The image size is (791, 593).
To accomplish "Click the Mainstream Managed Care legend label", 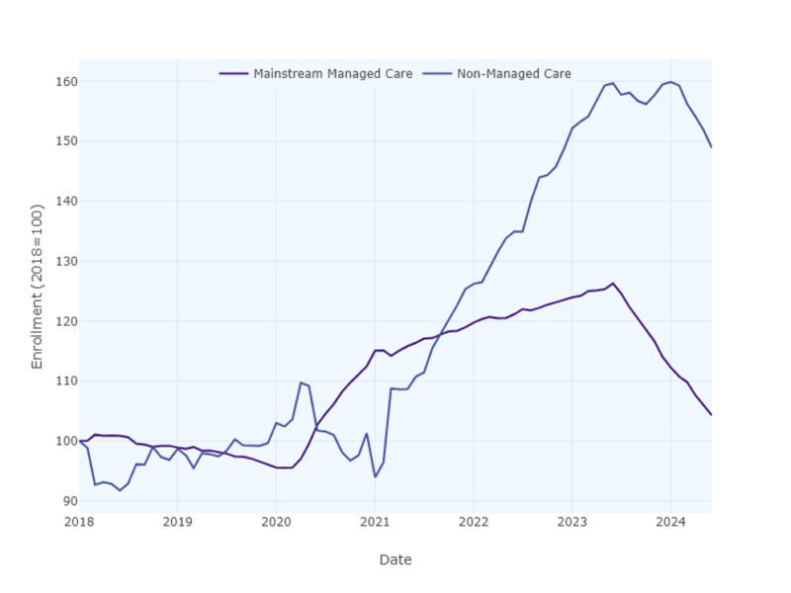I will pos(332,74).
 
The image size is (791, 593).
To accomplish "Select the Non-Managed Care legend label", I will pos(513,74).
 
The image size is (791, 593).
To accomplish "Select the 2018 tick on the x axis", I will pos(79,522).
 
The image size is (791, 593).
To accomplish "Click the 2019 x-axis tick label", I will pos(177,522).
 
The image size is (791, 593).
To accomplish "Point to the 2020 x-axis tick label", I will pos(276,522).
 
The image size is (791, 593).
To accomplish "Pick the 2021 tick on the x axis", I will pos(375,522).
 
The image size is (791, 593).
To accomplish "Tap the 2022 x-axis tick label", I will pos(474,522).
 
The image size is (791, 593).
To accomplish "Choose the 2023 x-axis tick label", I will pos(571,522).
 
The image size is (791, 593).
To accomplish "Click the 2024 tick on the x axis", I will pos(670,522).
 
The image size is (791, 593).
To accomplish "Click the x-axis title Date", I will pos(395,560).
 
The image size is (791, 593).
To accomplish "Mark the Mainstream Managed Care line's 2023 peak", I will pos(613,284).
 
